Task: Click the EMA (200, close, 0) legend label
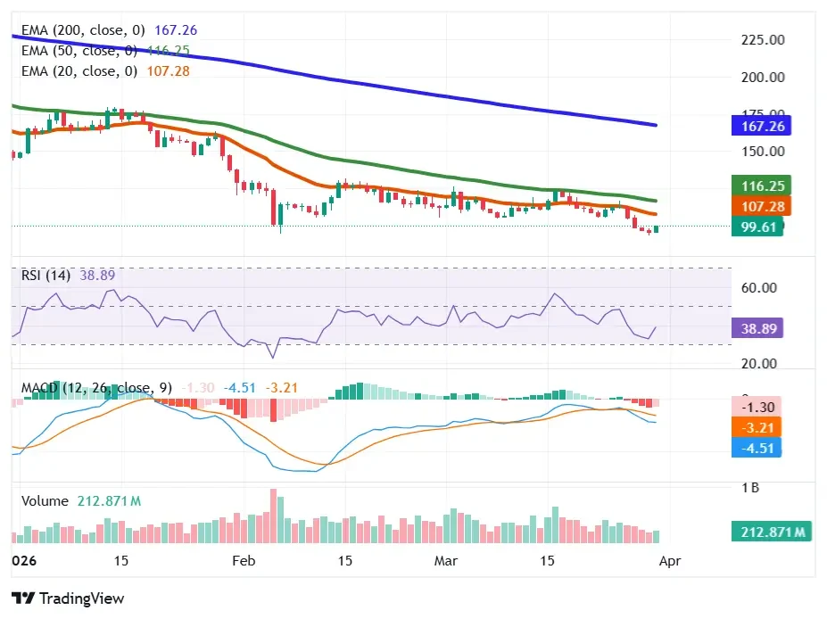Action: pos(83,30)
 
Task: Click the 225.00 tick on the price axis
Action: pos(763,40)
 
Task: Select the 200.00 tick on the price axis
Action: pos(763,77)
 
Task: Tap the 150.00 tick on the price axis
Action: pos(763,151)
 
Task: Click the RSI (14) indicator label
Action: pos(46,276)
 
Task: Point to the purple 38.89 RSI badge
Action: pos(757,328)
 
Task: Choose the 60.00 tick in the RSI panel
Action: pos(759,288)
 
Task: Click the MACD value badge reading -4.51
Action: pos(757,448)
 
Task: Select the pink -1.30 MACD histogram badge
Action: pos(757,407)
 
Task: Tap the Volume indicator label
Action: pos(45,501)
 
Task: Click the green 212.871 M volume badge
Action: pos(770,532)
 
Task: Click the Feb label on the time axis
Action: pos(243,561)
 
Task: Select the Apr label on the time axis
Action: pos(670,561)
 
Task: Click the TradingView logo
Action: pos(68,598)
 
